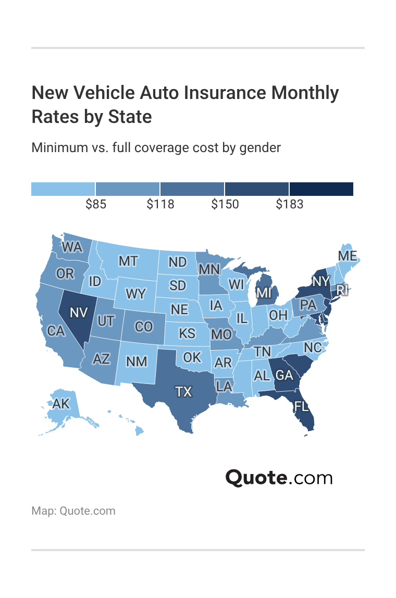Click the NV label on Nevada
tap(78, 312)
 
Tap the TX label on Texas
tap(183, 391)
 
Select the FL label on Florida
tap(301, 406)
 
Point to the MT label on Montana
tap(128, 260)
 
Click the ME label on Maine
tap(348, 256)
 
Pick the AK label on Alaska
tap(61, 404)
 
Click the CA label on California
tap(55, 330)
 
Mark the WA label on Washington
tap(72, 247)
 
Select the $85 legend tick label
tap(96, 204)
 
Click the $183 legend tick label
tap(290, 204)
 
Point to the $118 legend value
tap(160, 204)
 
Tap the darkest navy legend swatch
tap(321, 189)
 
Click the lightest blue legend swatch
tap(63, 189)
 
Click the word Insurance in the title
tap(231, 93)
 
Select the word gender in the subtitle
tap(260, 147)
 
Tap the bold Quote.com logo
tap(279, 477)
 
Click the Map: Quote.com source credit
tap(73, 510)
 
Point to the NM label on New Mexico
tap(137, 361)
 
